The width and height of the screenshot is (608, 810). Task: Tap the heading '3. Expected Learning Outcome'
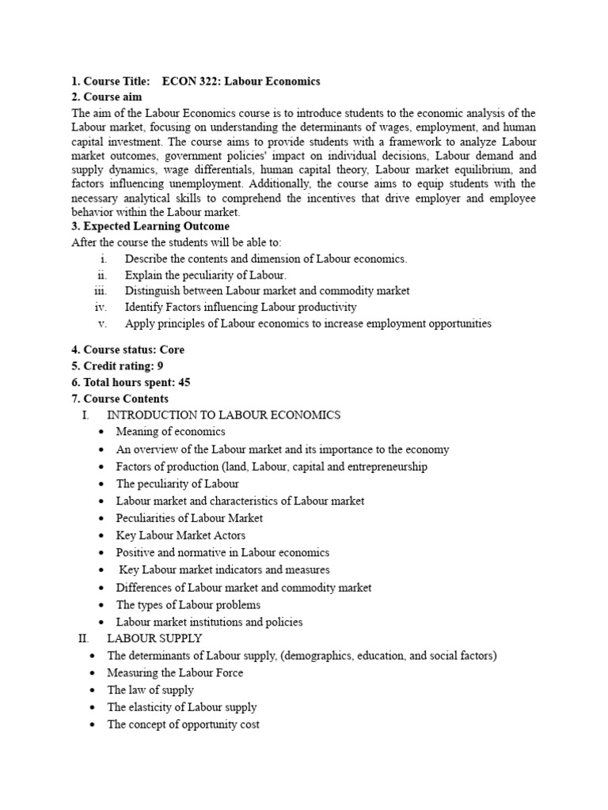[150, 226]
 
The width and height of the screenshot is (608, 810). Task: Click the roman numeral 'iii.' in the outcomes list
[100, 291]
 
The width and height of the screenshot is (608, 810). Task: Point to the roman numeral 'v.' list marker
[102, 324]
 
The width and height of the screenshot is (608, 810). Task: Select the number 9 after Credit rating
[161, 366]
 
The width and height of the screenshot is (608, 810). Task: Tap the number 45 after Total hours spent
[184, 382]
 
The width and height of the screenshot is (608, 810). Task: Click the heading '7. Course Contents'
[120, 399]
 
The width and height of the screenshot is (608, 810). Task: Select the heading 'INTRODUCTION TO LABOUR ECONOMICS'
[223, 414]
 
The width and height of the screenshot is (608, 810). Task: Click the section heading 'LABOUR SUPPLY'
[154, 638]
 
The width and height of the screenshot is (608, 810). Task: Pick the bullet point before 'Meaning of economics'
[101, 432]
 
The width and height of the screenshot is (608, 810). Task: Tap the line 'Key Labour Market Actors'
[180, 536]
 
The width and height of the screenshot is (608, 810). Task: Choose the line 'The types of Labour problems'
[188, 604]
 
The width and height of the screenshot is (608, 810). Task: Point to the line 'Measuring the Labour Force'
[175, 672]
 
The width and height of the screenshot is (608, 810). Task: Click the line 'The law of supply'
[150, 690]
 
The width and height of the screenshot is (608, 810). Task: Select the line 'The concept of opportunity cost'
[183, 725]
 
